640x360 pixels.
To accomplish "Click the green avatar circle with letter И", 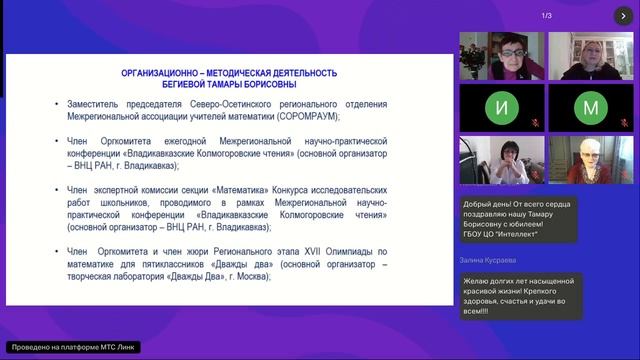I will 502,108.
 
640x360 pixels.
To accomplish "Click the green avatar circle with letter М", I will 590,108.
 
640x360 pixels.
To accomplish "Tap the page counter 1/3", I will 547,15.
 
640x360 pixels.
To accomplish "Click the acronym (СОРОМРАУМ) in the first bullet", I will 292,116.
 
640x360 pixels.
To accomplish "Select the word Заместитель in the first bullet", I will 124,103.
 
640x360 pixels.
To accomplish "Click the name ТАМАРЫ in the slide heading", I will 233,85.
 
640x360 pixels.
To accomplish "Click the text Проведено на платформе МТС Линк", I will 70,347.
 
